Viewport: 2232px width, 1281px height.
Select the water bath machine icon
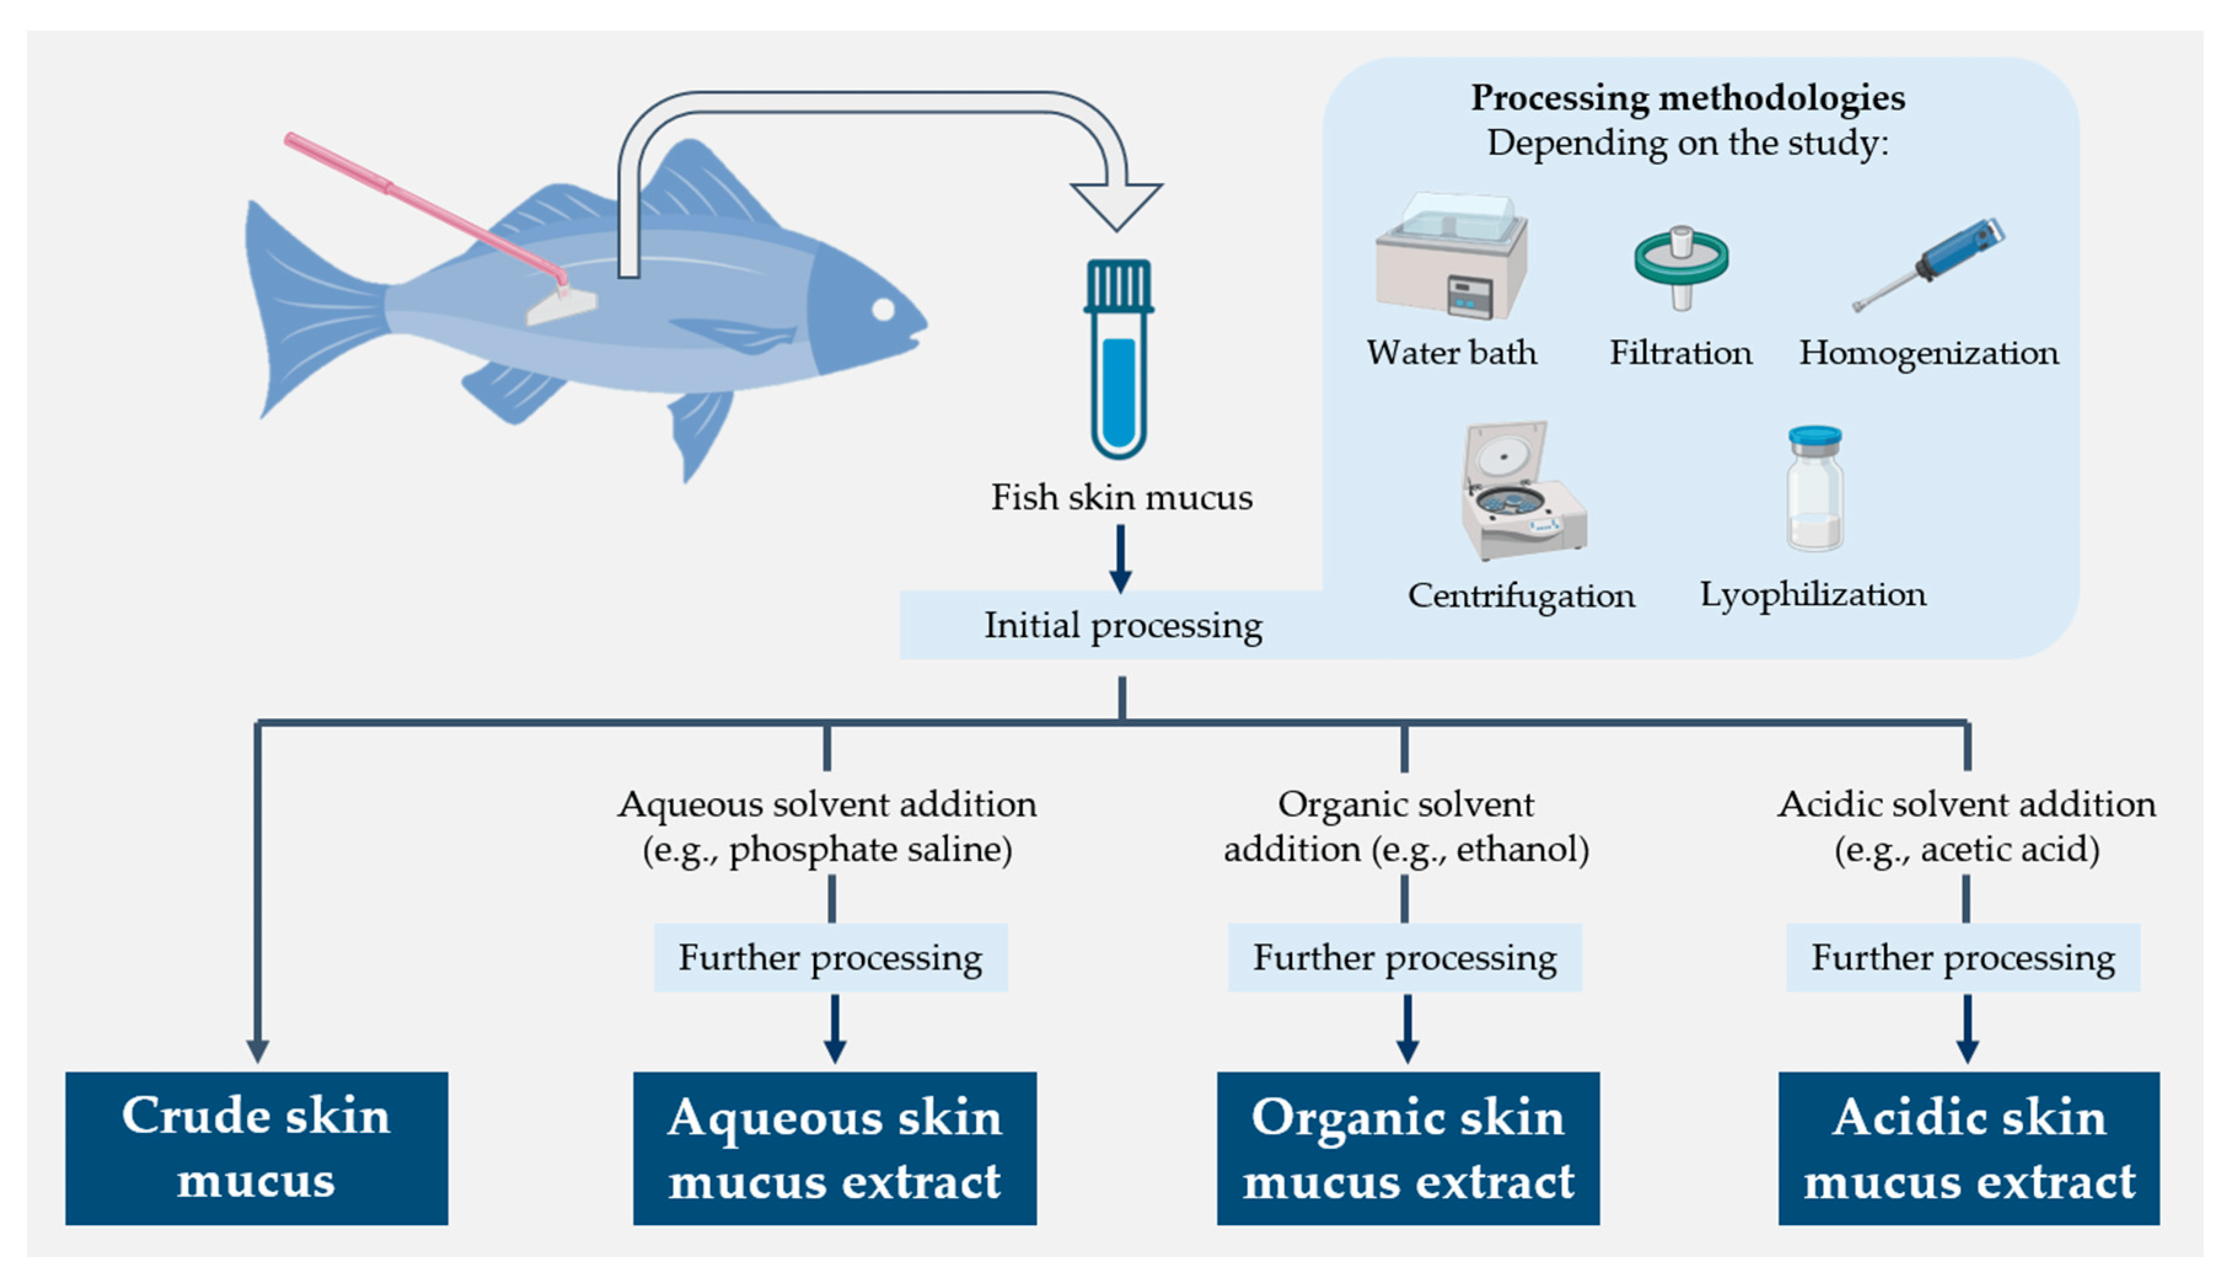click(1452, 257)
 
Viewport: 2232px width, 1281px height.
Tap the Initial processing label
click(1122, 625)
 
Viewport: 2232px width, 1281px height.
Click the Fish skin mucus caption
click(1122, 497)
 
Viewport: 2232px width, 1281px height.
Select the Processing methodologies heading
click(1688, 98)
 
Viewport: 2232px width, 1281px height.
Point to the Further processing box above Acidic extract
click(1963, 957)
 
